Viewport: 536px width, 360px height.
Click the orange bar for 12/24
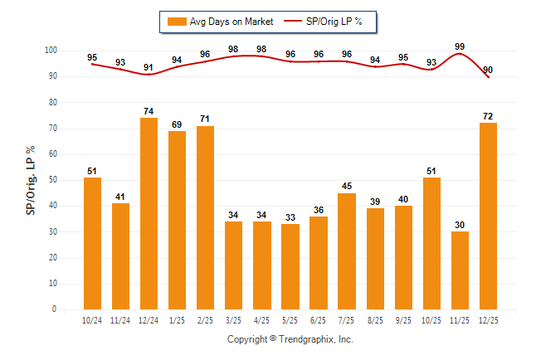(x=149, y=213)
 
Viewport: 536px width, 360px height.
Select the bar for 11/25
(x=459, y=270)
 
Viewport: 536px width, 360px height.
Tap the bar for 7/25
(x=346, y=251)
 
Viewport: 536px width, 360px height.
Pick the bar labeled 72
(x=487, y=216)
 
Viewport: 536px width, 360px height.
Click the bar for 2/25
(x=205, y=217)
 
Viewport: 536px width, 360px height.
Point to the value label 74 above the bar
(x=149, y=110)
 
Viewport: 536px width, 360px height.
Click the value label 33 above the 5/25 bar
(x=290, y=216)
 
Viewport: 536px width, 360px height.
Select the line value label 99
(x=459, y=46)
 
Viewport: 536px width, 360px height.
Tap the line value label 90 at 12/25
(x=490, y=69)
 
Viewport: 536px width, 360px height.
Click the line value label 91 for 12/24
(x=149, y=67)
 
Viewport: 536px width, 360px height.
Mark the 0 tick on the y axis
(x=54, y=309)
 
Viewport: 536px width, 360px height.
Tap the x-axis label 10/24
(x=92, y=320)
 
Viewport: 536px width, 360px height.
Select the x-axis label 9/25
(x=402, y=320)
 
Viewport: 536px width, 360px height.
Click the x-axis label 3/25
(x=233, y=320)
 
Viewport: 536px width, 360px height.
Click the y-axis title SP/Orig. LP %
(x=31, y=180)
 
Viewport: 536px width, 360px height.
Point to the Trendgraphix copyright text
(x=290, y=339)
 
